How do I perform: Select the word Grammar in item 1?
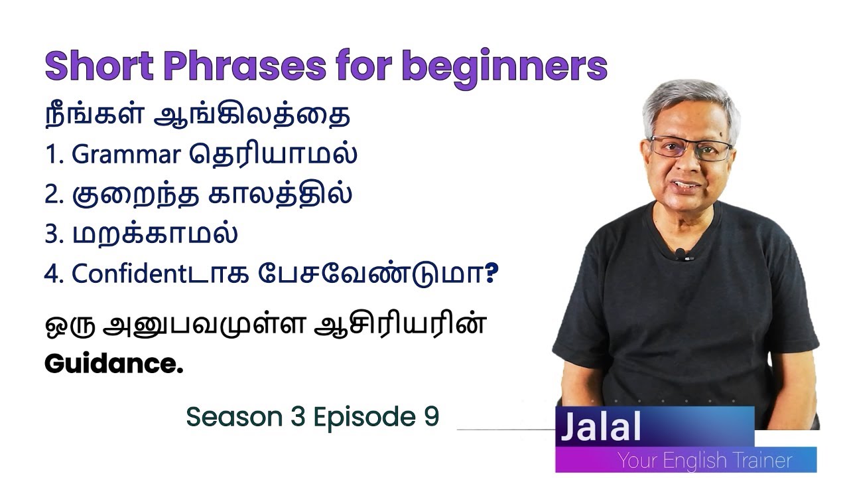[x=125, y=155]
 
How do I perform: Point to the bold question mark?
[x=491, y=274]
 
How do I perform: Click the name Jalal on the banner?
[x=600, y=428]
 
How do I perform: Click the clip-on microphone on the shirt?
[x=681, y=253]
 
